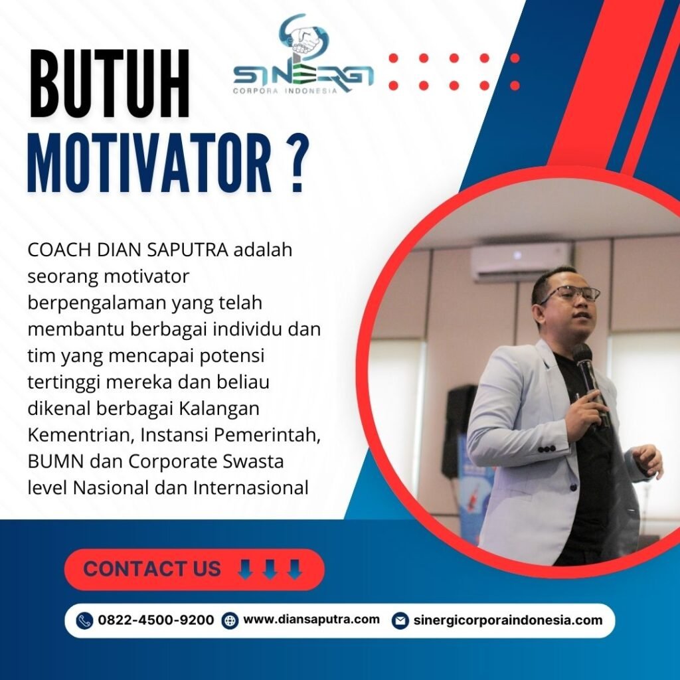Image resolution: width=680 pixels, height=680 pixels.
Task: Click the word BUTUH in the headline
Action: [x=110, y=84]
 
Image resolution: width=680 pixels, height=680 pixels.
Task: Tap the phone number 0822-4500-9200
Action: [x=155, y=620]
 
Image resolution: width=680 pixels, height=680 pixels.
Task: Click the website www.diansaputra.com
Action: [x=311, y=620]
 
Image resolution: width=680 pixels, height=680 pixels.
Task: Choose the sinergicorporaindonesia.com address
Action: [x=508, y=620]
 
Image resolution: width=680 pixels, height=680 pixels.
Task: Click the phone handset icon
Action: [x=84, y=621]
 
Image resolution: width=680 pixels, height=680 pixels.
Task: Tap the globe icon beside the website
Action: [x=229, y=621]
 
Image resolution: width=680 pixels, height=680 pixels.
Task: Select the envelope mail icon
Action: [x=400, y=621]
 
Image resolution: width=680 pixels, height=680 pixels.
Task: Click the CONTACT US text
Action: [x=152, y=568]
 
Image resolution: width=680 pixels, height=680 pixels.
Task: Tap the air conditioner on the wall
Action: [x=522, y=262]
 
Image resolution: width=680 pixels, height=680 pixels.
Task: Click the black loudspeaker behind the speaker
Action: [x=460, y=430]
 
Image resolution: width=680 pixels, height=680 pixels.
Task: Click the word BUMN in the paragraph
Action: [x=56, y=462]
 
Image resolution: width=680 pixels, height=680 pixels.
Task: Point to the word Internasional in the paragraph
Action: [x=251, y=488]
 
